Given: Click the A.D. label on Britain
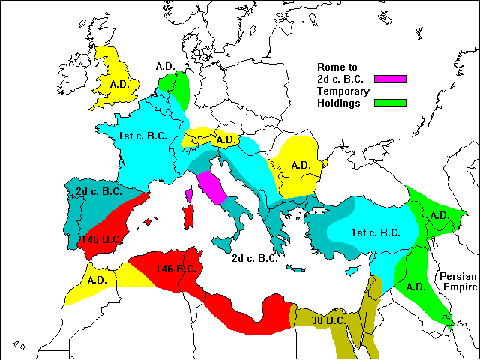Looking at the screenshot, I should point(120,84).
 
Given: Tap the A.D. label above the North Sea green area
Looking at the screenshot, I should point(166,66).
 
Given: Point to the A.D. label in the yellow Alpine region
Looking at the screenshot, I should point(226,139).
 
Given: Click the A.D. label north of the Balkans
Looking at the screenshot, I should point(301,165).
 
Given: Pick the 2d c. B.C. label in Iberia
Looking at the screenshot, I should point(99,192).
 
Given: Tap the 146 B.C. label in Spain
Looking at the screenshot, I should point(102,239).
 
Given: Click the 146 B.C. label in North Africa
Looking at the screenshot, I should point(175,268).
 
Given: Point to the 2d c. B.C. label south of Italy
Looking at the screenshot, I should point(255,258).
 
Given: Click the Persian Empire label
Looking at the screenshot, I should point(458,281).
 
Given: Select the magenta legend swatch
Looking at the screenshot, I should point(391,78).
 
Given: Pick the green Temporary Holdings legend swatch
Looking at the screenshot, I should point(391,103).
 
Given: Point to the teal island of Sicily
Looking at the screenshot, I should point(223,244).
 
